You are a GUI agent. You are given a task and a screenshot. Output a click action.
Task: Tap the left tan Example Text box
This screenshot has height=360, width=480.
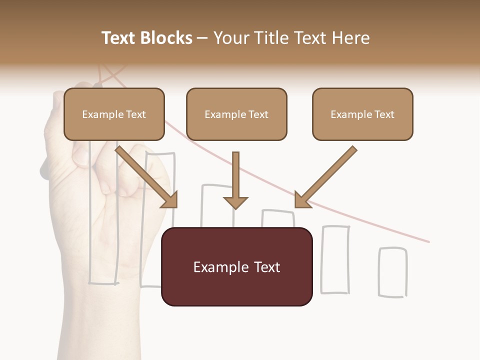114,114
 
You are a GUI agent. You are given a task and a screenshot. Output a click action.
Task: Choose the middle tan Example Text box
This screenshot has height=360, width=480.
236,114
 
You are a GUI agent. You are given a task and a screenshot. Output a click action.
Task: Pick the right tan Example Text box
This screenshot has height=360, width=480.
362,114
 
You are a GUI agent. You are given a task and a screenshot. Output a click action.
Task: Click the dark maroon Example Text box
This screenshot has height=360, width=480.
237,267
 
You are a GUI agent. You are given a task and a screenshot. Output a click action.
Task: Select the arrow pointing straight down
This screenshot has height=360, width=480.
235,182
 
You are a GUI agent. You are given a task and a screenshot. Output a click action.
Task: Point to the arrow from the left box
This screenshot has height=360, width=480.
147,177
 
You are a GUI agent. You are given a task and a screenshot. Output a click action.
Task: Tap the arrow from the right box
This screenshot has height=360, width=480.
325,177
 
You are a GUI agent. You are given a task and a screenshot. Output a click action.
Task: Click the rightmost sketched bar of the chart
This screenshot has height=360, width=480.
392,272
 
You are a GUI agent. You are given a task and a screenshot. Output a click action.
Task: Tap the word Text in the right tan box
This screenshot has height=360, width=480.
384,114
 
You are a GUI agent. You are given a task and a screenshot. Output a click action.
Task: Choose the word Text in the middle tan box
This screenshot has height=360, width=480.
258,114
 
